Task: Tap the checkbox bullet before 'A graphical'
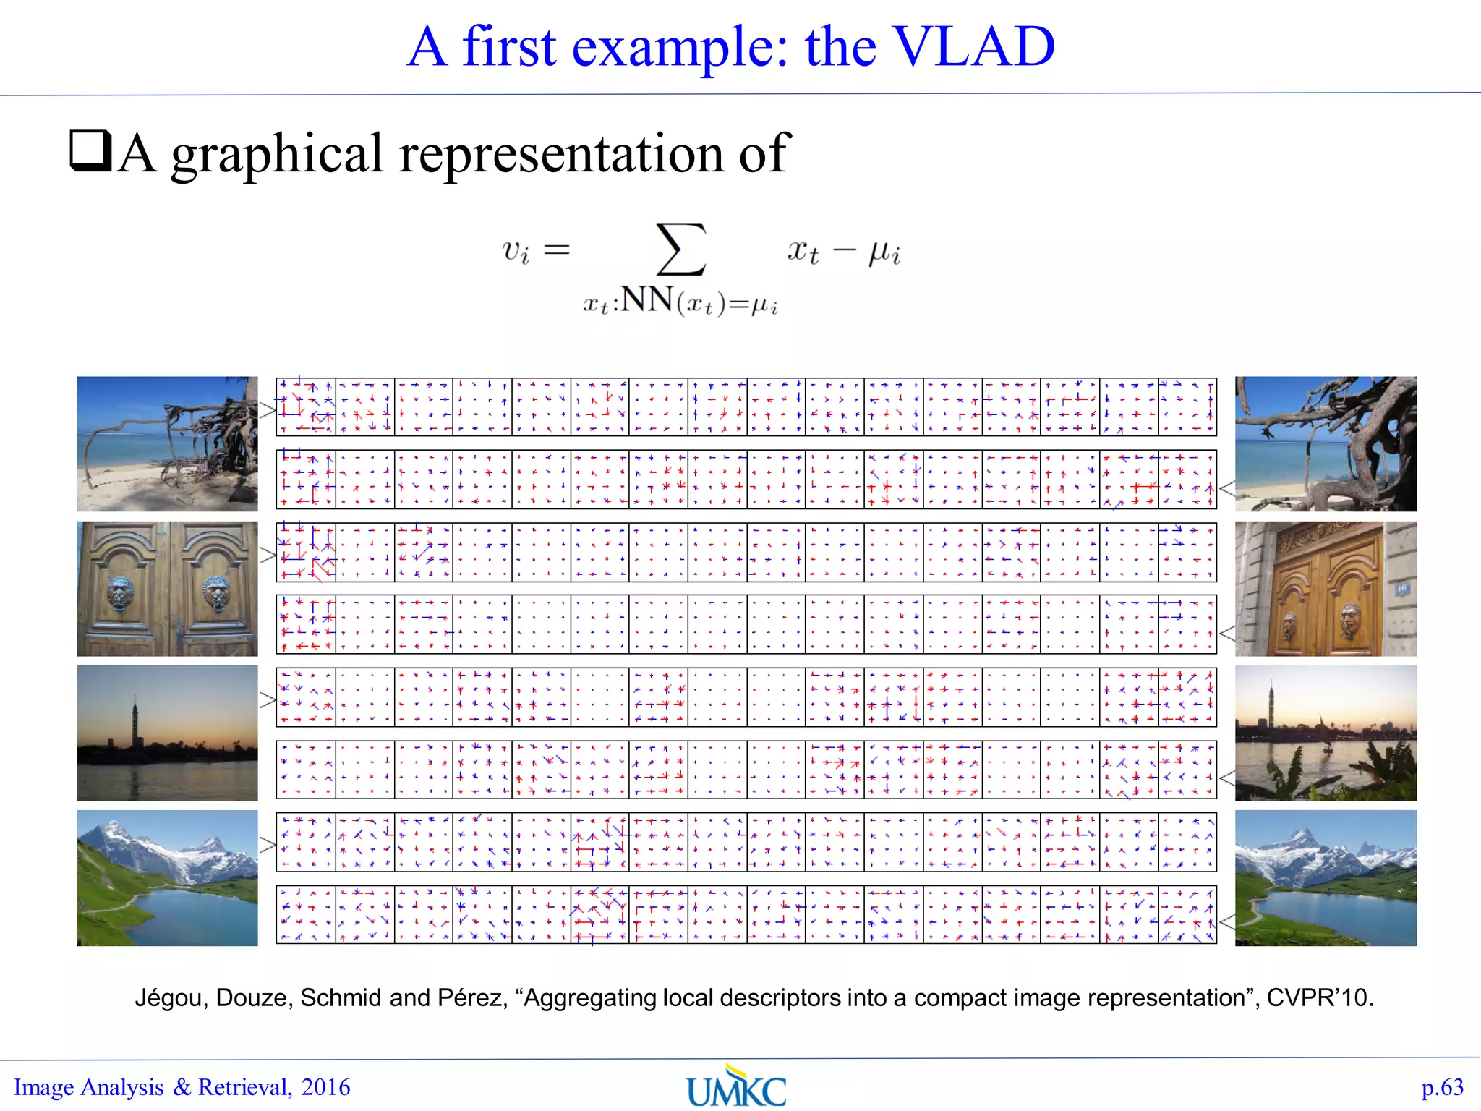coord(90,150)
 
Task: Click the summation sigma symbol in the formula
coord(680,250)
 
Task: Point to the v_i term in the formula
coord(516,252)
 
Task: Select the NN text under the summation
coord(647,299)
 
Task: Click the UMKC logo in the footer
coord(736,1086)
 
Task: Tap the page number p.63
coord(1442,1087)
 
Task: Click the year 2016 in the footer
coord(325,1087)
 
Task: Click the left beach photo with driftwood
coord(167,443)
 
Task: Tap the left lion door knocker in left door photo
coord(121,592)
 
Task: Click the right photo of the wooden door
coord(1326,589)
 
